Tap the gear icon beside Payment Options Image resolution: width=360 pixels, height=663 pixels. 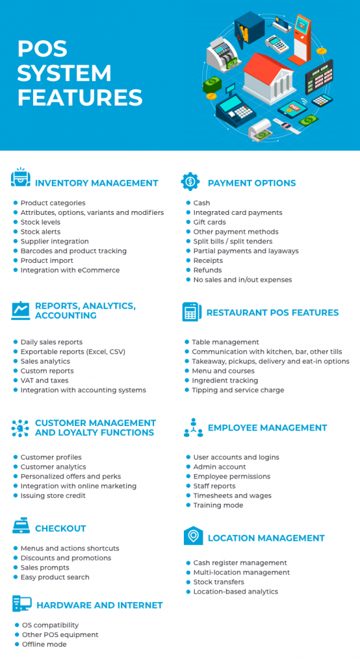[x=190, y=181]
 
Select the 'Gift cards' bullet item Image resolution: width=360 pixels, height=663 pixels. [x=209, y=222]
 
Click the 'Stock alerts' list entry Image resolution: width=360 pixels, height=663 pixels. [x=40, y=232]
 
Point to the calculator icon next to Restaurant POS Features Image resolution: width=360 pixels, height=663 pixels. [x=191, y=312]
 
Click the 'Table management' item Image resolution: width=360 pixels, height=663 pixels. [x=225, y=342]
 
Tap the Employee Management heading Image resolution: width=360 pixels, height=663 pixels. [x=267, y=428]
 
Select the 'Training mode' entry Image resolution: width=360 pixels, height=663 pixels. [x=218, y=505]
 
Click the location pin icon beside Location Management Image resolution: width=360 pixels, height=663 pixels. [x=193, y=536]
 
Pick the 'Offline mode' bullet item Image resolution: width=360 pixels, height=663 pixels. [x=44, y=644]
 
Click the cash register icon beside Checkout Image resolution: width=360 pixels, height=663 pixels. [x=21, y=528]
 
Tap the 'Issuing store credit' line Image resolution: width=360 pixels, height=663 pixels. [x=52, y=495]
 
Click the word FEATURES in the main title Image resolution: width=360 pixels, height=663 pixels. [x=80, y=97]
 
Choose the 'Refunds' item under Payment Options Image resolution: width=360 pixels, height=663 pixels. [x=207, y=270]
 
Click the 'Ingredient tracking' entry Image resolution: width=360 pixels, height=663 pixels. [x=225, y=381]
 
